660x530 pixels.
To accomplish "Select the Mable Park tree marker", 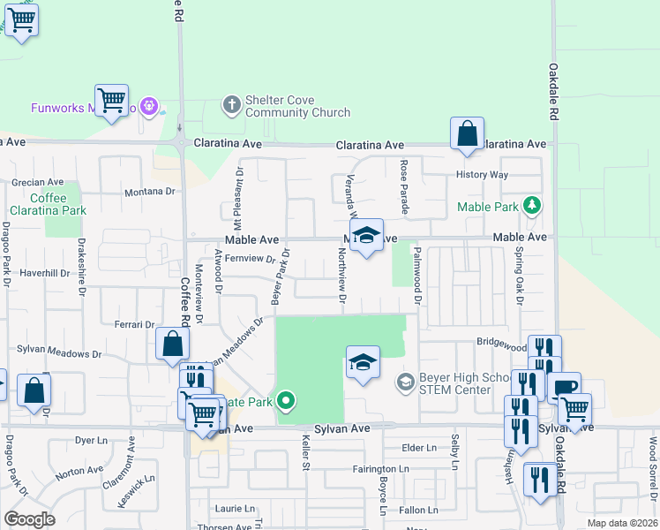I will click(531, 207).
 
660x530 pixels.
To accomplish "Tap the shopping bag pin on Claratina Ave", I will click(467, 134).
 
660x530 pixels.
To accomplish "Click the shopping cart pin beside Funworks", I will click(112, 101).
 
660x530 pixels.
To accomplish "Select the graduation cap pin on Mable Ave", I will click(366, 236).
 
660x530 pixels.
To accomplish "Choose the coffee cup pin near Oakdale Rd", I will click(564, 388).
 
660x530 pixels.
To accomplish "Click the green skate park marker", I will click(285, 402).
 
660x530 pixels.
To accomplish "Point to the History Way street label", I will click(482, 175).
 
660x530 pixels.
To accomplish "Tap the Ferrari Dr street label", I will click(135, 325).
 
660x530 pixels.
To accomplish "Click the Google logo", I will click(29, 519).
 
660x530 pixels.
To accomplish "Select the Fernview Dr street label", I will click(251, 259).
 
